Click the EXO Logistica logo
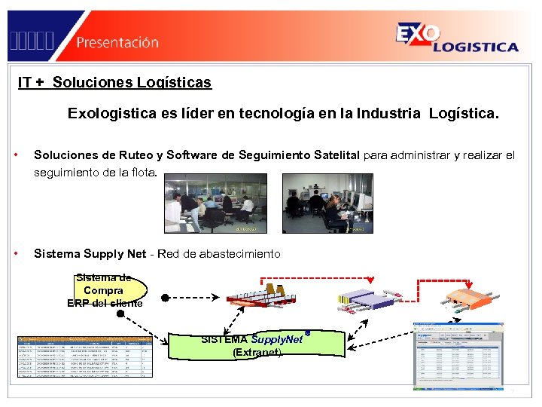tap(456, 38)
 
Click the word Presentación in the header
tap(117, 42)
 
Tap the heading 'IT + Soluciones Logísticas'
tap(114, 82)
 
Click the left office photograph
tap(215, 203)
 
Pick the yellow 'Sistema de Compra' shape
tap(105, 291)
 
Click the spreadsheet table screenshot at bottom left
tap(85, 356)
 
